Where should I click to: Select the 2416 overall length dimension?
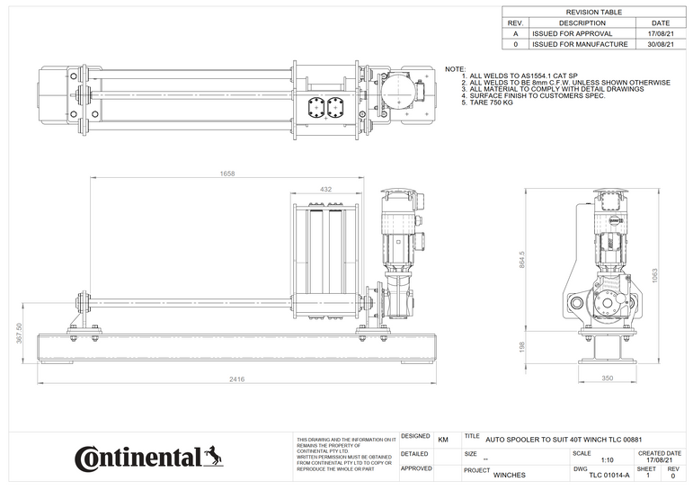(x=236, y=379)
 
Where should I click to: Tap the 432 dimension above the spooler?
(x=326, y=190)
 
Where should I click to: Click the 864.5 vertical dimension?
(x=522, y=259)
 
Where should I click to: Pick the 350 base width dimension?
(x=607, y=379)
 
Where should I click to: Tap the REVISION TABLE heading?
(x=595, y=12)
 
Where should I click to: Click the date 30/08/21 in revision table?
(x=660, y=43)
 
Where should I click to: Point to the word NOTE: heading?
(x=456, y=69)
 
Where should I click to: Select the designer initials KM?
(x=442, y=440)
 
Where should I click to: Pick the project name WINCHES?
(x=510, y=475)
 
